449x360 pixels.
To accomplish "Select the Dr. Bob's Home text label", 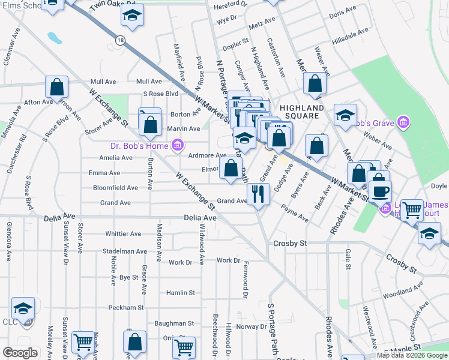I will pyautogui.click(x=139, y=145).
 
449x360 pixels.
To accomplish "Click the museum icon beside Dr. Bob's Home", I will pyautogui.click(x=177, y=145).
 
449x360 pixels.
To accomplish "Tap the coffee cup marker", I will pyautogui.click(x=380, y=192).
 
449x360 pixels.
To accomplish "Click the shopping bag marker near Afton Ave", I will pyautogui.click(x=56, y=87).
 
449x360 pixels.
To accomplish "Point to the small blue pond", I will pyautogui.click(x=55, y=38).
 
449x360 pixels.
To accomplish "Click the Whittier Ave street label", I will pyautogui.click(x=123, y=234).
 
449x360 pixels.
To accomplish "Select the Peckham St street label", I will pyautogui.click(x=126, y=307).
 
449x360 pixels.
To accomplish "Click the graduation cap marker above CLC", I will pyautogui.click(x=23, y=309).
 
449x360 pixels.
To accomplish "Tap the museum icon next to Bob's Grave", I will pyautogui.click(x=403, y=124).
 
